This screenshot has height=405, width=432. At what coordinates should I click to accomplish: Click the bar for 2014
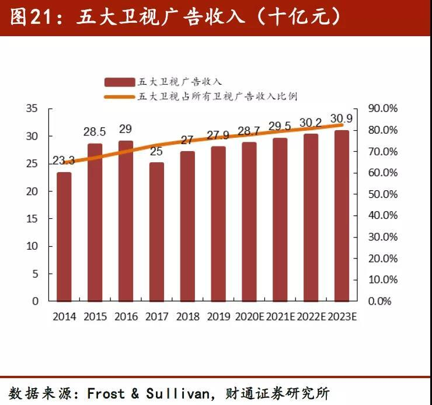click(64, 236)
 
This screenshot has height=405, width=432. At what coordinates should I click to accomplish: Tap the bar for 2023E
click(342, 215)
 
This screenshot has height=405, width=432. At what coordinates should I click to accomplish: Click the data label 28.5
click(95, 131)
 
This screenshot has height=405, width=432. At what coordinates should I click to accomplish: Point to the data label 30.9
click(342, 117)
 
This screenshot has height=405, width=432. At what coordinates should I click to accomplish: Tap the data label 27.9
click(218, 135)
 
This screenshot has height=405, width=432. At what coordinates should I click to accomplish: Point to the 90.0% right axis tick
click(383, 109)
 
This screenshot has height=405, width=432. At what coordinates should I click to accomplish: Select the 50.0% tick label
click(383, 194)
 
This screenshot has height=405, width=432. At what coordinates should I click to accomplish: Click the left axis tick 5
click(34, 273)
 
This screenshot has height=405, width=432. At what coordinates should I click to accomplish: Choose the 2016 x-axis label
click(126, 317)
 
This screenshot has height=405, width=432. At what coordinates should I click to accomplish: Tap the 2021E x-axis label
click(280, 317)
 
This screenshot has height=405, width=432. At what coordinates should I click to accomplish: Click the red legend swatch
click(120, 82)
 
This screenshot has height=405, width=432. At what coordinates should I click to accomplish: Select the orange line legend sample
click(120, 97)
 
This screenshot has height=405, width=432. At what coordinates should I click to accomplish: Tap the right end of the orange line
click(342, 125)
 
